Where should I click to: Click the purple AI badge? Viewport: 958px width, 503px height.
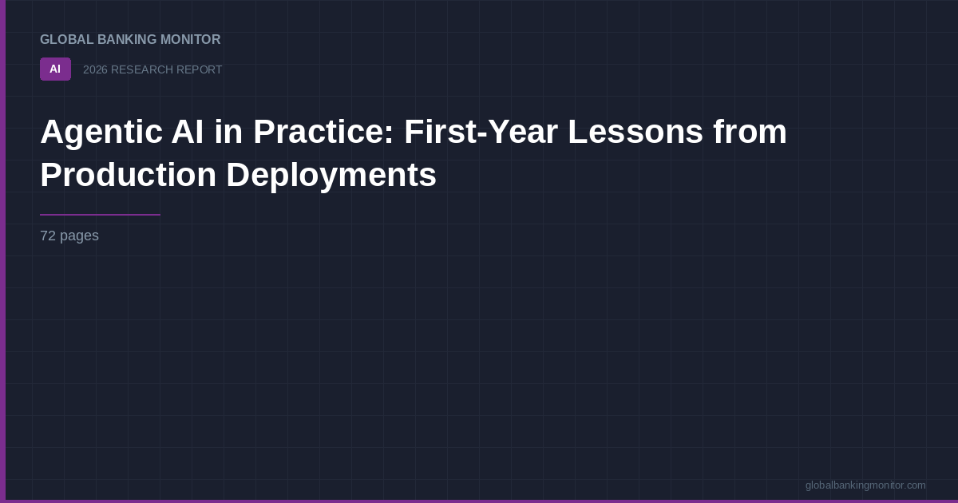[55, 69]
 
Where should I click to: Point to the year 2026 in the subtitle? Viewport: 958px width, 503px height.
[95, 70]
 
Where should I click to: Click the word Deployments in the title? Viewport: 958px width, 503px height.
[331, 176]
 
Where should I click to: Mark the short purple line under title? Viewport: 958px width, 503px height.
[100, 215]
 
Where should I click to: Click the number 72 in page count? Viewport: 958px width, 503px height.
[48, 236]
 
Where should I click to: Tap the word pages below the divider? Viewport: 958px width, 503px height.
[79, 236]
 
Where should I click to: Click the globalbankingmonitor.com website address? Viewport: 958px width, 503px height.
[865, 485]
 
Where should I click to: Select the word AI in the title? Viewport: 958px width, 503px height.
[187, 132]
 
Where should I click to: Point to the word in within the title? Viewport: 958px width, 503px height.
[228, 132]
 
